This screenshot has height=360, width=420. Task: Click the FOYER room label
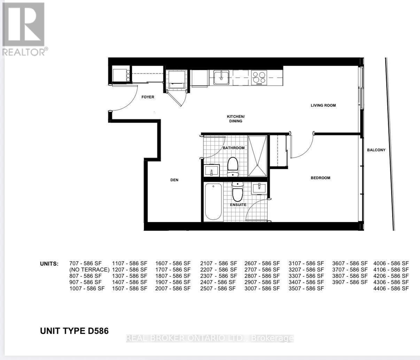pyautogui.click(x=148, y=97)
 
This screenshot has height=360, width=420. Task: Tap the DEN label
pyautogui.click(x=174, y=180)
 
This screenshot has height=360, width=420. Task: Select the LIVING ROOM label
pyautogui.click(x=323, y=105)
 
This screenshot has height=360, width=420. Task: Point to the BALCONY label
pyautogui.click(x=376, y=150)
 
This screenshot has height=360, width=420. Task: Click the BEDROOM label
pyautogui.click(x=320, y=178)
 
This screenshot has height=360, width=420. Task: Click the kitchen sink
pyautogui.click(x=221, y=77)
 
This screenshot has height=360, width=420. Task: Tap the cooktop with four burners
pyautogui.click(x=259, y=78)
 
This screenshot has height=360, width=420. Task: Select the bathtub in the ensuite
pyautogui.click(x=213, y=201)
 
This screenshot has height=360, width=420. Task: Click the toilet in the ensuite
pyautogui.click(x=238, y=192)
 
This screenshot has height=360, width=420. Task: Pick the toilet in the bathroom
pyautogui.click(x=233, y=167)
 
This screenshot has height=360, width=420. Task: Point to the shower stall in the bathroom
pyautogui.click(x=257, y=156)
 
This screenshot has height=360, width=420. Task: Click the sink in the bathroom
pyautogui.click(x=211, y=170)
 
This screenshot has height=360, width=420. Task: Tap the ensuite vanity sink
pyautogui.click(x=259, y=188)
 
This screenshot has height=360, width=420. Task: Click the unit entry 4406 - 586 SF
pyautogui.click(x=391, y=289)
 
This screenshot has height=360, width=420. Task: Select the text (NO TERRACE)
pyautogui.click(x=90, y=270)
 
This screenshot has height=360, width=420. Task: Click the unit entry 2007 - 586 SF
pyautogui.click(x=173, y=289)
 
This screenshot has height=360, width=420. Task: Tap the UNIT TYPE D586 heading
pyautogui.click(x=75, y=331)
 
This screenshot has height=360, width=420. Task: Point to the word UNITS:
pyautogui.click(x=49, y=264)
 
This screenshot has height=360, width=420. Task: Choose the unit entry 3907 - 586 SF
pyautogui.click(x=350, y=282)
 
